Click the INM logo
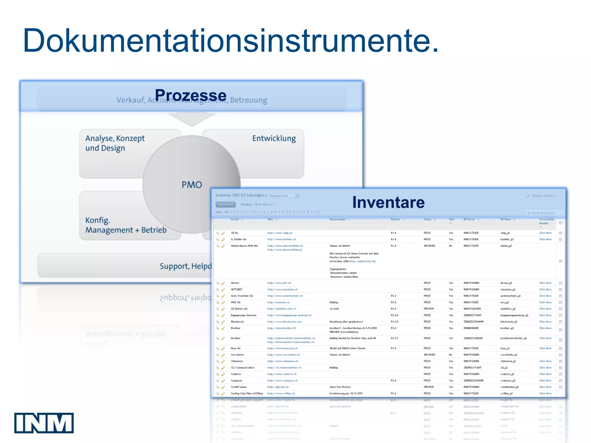44,423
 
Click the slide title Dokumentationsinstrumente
231,41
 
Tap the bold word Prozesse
190,95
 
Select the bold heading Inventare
388,202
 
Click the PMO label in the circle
192,185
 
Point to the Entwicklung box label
274,138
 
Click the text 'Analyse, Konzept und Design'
115,143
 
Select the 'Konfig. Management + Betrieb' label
126,225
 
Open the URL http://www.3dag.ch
280,233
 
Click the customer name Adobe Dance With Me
244,246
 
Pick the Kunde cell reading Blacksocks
237,322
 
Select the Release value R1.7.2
394,338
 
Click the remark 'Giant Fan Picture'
340,387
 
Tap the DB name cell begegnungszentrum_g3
514,315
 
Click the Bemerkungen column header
338,219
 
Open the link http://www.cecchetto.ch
283,355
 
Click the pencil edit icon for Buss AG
223,348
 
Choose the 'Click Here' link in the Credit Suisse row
545,387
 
